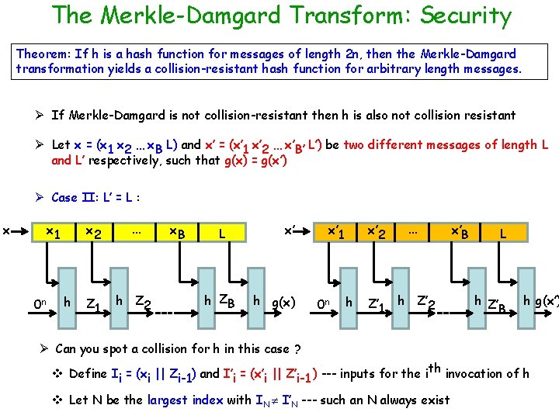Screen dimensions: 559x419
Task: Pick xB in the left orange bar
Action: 177,232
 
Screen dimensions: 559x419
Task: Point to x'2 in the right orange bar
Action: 377,232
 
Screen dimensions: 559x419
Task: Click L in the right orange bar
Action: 504,232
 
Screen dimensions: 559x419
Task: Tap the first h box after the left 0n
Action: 68,301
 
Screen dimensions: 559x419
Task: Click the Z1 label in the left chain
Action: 94,303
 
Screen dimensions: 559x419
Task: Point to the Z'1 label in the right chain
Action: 378,303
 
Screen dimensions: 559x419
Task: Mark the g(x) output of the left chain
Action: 283,302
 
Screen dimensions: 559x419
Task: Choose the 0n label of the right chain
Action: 325,302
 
